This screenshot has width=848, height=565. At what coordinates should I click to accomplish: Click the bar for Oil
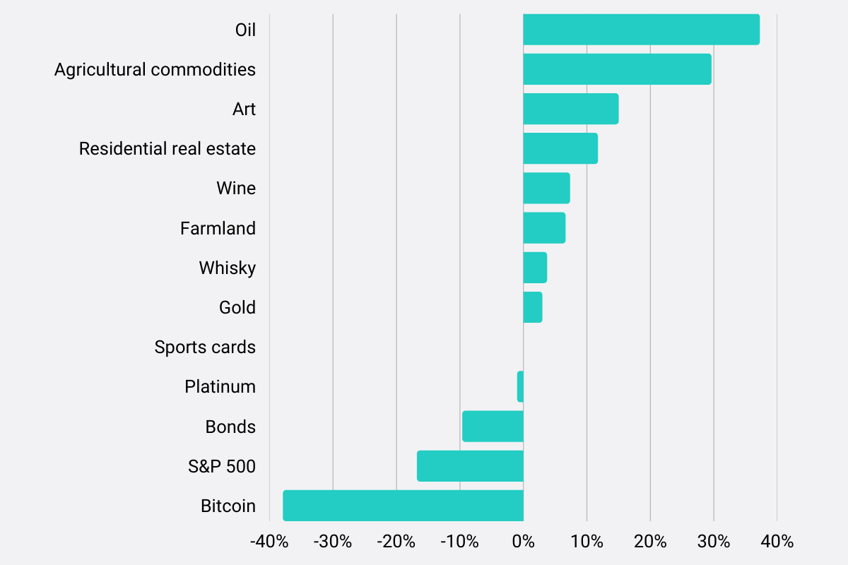[x=641, y=30]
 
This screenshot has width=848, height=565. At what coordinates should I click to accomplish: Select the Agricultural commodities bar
[x=617, y=69]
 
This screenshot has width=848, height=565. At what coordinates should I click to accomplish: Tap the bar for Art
[x=570, y=109]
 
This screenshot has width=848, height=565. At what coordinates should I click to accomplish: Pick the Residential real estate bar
[x=560, y=148]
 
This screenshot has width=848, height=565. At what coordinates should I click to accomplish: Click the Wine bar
[x=546, y=188]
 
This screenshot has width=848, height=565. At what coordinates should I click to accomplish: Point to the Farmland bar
[x=544, y=228]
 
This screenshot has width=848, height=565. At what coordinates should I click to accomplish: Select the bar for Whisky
[x=535, y=268]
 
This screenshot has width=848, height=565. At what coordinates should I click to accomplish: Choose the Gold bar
[x=533, y=307]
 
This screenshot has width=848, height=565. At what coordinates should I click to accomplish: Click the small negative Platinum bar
[x=520, y=386]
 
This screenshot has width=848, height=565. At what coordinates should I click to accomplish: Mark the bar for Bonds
[x=493, y=427]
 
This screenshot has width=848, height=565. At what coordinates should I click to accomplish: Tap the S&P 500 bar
[x=470, y=466]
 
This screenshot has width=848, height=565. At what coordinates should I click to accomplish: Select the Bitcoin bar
[x=403, y=506]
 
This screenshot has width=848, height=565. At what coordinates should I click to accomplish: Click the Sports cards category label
[x=205, y=347]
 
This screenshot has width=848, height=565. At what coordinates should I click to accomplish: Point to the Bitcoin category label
[x=228, y=506]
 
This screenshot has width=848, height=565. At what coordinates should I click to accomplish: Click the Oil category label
[x=245, y=30]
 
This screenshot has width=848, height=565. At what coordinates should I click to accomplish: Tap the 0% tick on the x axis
[x=523, y=542]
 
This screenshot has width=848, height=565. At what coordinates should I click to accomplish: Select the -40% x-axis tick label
[x=269, y=542]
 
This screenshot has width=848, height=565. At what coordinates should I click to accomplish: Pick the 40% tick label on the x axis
[x=777, y=542]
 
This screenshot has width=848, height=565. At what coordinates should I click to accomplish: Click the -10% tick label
[x=459, y=542]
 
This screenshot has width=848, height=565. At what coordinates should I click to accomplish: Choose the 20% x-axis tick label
[x=650, y=542]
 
